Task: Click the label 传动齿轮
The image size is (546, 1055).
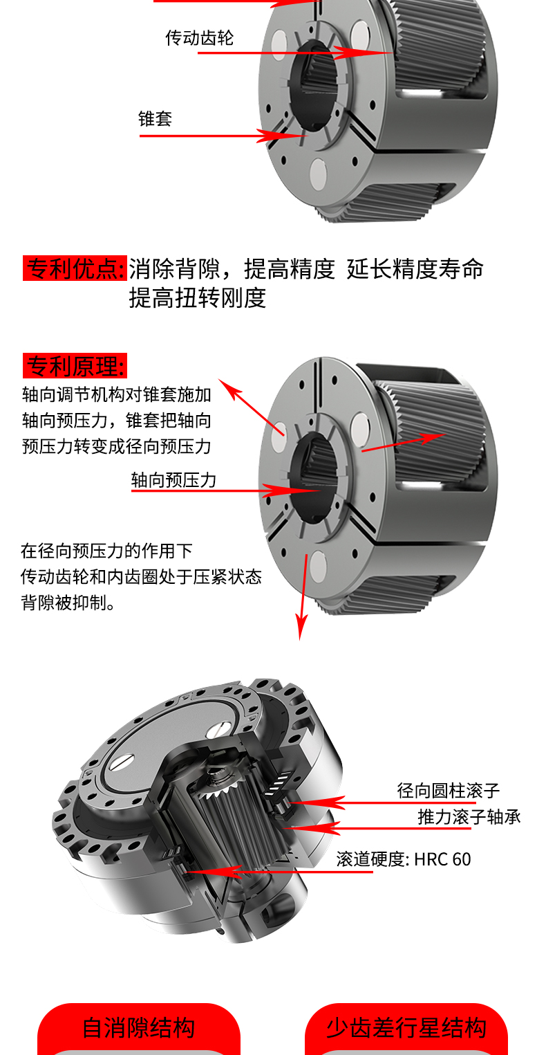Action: point(199,37)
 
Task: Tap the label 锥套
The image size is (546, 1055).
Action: point(155,118)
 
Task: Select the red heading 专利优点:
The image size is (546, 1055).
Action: point(75,268)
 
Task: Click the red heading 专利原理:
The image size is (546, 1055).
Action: point(75,366)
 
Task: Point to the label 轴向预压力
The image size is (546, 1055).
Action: point(173,480)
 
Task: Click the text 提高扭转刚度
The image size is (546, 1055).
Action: point(198,297)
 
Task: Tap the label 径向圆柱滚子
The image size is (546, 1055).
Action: point(448,791)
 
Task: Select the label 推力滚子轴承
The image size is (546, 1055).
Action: point(469,817)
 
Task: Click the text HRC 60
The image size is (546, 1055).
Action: point(442,859)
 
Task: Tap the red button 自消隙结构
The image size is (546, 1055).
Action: point(139,1028)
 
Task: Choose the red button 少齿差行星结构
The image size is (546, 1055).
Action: point(406,1028)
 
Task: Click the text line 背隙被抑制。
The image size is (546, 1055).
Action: point(68,603)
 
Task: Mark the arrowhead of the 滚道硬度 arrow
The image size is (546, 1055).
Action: point(188,872)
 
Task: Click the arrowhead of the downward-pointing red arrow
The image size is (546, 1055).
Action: point(300,639)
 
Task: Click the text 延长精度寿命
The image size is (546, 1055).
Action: point(415,268)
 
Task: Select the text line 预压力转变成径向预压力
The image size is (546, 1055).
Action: point(116,446)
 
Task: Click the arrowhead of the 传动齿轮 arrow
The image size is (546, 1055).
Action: point(392,53)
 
